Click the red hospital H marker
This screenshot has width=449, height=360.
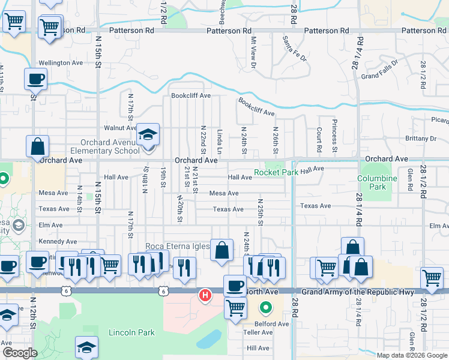pyautogui.click(x=205, y=295)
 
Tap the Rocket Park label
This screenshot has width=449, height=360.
pyautogui.click(x=276, y=173)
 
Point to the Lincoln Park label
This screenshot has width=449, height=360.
pyautogui.click(x=131, y=332)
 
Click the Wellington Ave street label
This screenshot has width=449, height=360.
pyautogui.click(x=61, y=63)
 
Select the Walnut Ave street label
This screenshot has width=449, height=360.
pyautogui.click(x=121, y=128)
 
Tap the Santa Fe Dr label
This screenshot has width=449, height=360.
pyautogui.click(x=294, y=49)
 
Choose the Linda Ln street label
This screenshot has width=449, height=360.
pyautogui.click(x=220, y=139)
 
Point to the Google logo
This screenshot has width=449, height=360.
pyautogui.click(x=20, y=353)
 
